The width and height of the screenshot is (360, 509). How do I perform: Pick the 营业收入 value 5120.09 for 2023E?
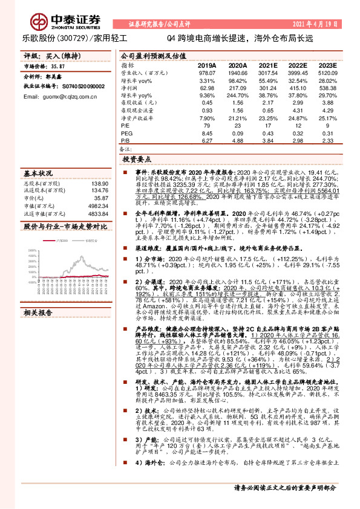click(326, 73)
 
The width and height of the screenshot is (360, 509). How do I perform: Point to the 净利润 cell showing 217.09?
click(238, 88)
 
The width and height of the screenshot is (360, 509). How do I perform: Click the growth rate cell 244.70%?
click(238, 96)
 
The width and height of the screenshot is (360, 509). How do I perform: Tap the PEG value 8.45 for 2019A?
click(207, 133)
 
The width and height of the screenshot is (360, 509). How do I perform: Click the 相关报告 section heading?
click(38, 313)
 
